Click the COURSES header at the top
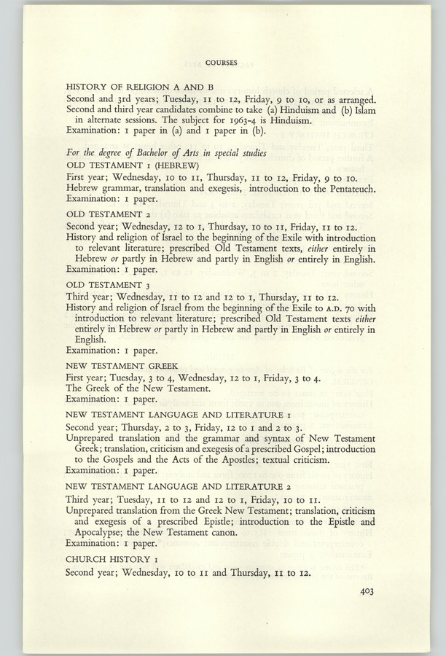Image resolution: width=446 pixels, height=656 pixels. pos(221,63)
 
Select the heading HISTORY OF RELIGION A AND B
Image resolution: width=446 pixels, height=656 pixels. pos(144,87)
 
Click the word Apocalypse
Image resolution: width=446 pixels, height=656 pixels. pos(101,531)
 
